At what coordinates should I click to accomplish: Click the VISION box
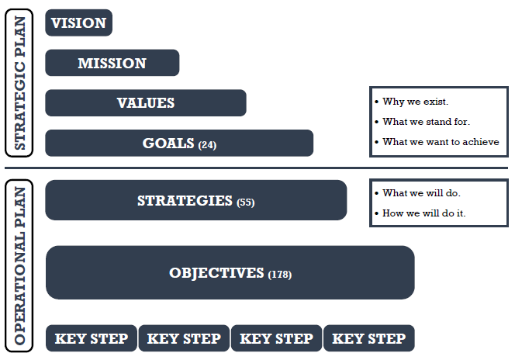click(x=79, y=22)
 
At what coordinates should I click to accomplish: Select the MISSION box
click(x=112, y=63)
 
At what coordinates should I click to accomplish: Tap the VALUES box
click(x=146, y=103)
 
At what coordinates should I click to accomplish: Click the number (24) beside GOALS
click(x=207, y=145)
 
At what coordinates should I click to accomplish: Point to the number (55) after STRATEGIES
click(x=246, y=202)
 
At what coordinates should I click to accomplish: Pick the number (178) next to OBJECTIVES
click(x=280, y=275)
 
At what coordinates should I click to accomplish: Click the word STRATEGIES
click(x=185, y=201)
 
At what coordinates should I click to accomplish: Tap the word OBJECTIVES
click(x=216, y=273)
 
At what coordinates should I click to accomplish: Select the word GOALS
click(x=168, y=144)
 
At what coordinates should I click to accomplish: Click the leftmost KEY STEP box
click(x=92, y=338)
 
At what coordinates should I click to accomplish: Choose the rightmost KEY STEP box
click(x=369, y=338)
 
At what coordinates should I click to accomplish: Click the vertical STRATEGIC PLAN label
click(x=19, y=83)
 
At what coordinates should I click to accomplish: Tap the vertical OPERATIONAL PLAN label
click(x=19, y=265)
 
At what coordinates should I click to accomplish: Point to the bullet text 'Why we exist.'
click(x=415, y=102)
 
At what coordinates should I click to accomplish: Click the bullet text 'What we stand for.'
click(x=426, y=122)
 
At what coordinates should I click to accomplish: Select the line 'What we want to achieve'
click(x=441, y=142)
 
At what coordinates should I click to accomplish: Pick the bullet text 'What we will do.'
click(x=421, y=193)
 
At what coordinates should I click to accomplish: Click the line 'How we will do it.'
click(x=424, y=213)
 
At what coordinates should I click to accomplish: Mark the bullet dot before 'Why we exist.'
click(x=376, y=102)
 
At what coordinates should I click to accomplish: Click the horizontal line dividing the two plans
click(x=256, y=168)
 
